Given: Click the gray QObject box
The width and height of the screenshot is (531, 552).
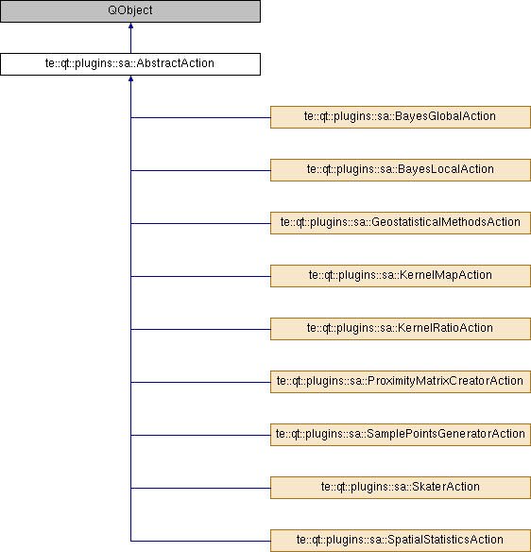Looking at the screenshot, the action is pyautogui.click(x=130, y=11).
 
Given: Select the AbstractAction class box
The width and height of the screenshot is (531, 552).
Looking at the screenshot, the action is pyautogui.click(x=130, y=64).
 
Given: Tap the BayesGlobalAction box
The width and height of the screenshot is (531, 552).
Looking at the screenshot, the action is pyautogui.click(x=401, y=117).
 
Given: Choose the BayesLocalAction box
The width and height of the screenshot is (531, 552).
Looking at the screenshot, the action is pyautogui.click(x=401, y=170).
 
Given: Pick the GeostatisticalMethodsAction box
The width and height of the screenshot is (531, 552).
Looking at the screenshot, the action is pyautogui.click(x=401, y=223).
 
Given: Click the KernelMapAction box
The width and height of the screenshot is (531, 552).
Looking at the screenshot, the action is pyautogui.click(x=401, y=276).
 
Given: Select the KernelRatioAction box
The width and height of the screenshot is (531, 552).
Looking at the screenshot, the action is pyautogui.click(x=401, y=329).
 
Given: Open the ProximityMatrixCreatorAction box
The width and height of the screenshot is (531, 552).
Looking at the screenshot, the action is pyautogui.click(x=401, y=382).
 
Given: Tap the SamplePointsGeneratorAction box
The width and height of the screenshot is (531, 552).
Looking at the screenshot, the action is pyautogui.click(x=401, y=435).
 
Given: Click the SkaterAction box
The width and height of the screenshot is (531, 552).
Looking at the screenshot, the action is pyautogui.click(x=401, y=488).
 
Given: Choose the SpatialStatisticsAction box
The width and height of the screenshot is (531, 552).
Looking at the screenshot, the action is pyautogui.click(x=401, y=541).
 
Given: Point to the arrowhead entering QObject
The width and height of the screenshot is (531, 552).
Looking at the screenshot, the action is pyautogui.click(x=131, y=26).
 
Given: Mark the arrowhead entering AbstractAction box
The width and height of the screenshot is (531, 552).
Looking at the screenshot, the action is pyautogui.click(x=131, y=78).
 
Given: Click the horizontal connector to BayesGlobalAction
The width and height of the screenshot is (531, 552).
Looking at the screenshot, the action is pyautogui.click(x=200, y=117).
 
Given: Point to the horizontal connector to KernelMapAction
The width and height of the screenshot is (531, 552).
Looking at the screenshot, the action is pyautogui.click(x=200, y=276).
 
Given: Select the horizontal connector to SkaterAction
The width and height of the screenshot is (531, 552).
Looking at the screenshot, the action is pyautogui.click(x=200, y=488).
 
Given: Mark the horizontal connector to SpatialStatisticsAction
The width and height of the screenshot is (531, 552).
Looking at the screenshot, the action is pyautogui.click(x=200, y=541).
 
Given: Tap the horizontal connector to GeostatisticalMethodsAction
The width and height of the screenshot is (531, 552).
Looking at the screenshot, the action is pyautogui.click(x=200, y=223).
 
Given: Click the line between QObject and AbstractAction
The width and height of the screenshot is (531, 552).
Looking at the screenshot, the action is pyautogui.click(x=131, y=38).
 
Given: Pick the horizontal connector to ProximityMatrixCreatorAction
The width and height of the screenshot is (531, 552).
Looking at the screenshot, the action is pyautogui.click(x=200, y=382).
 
